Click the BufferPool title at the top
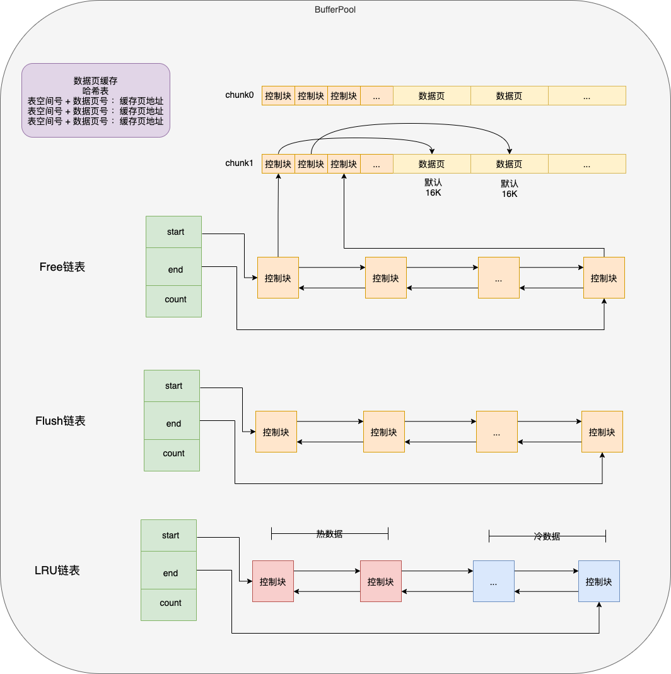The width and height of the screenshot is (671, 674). click(x=335, y=10)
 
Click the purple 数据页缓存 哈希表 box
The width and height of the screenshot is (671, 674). click(x=96, y=100)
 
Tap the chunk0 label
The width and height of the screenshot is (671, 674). click(x=239, y=95)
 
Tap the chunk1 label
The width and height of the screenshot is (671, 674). click(x=239, y=163)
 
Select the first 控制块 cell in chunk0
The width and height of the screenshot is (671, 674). click(x=278, y=96)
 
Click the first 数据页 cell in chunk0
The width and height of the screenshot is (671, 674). click(x=431, y=96)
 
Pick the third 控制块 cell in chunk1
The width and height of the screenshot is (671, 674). click(x=344, y=164)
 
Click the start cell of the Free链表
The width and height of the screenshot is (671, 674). click(x=174, y=232)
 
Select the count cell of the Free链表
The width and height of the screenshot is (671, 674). click(x=174, y=300)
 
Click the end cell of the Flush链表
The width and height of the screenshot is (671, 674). click(x=172, y=423)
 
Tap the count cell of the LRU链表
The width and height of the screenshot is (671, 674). click(x=169, y=603)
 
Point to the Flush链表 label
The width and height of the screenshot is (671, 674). click(x=61, y=421)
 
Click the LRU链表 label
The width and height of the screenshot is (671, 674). click(x=57, y=571)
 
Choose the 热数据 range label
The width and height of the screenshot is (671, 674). click(x=329, y=534)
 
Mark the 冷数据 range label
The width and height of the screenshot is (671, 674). click(x=547, y=536)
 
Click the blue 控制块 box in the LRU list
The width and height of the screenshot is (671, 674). click(x=598, y=581)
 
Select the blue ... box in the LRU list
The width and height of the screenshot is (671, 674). click(x=493, y=581)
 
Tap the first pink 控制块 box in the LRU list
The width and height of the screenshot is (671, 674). click(x=272, y=581)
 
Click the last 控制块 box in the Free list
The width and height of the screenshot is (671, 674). click(x=604, y=278)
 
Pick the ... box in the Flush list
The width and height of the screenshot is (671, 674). click(x=496, y=432)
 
